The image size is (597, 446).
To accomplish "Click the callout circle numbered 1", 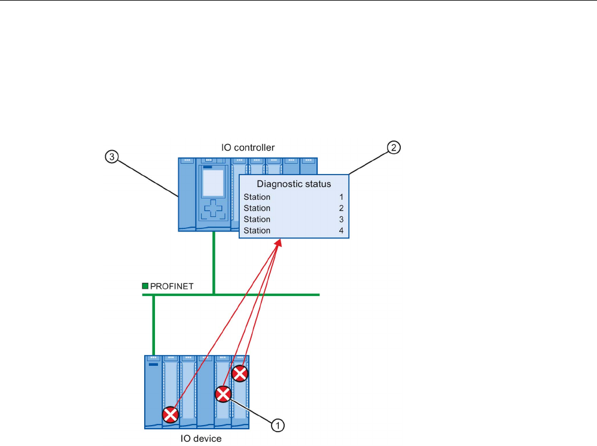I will [x=277, y=425].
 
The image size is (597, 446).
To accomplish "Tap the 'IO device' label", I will [x=201, y=439].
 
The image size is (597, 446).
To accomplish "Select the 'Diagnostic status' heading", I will [x=294, y=184].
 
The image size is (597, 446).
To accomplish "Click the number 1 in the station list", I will [x=341, y=197].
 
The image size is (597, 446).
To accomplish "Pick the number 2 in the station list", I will [x=341, y=209].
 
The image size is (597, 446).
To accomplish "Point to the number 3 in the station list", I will [x=341, y=219].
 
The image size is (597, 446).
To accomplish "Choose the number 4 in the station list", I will [x=341, y=231].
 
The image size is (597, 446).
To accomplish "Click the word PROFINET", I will [x=172, y=286].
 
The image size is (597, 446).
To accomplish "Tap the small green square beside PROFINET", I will [x=145, y=286].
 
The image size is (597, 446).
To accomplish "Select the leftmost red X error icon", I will [x=171, y=414].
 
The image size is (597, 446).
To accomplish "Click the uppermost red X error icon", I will [x=240, y=374].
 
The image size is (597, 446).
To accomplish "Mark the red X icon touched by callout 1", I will [x=223, y=394].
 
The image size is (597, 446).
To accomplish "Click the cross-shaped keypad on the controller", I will [x=214, y=210].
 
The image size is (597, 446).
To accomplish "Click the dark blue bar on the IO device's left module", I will [x=154, y=364].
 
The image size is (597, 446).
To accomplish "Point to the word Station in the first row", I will [x=257, y=197].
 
